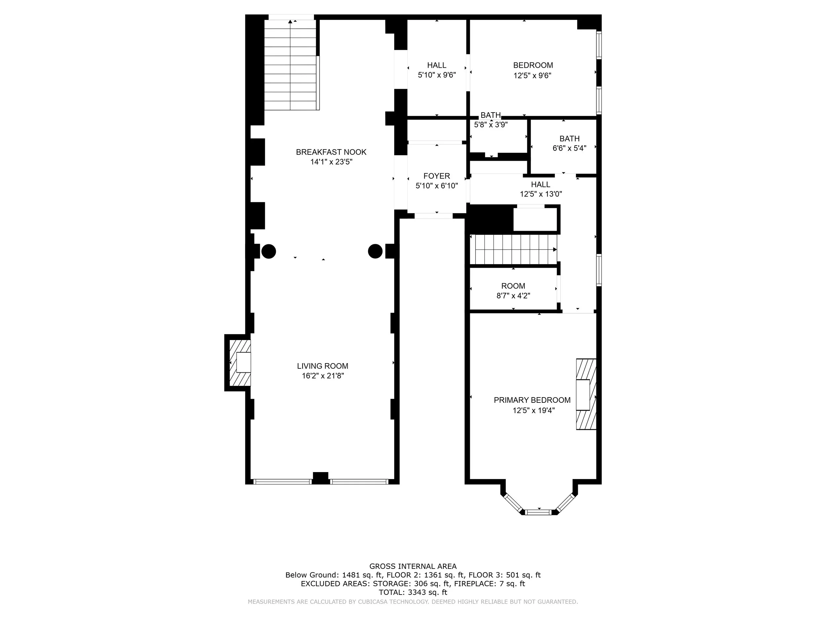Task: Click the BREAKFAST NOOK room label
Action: point(331,152)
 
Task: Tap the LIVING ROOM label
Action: point(322,366)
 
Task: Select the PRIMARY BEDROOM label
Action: point(532,400)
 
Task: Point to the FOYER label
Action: point(436,176)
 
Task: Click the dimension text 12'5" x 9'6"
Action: point(532,76)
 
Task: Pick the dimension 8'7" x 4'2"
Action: point(513,296)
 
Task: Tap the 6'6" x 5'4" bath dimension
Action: point(570,148)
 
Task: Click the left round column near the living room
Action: point(269,251)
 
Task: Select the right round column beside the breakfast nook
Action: point(375,251)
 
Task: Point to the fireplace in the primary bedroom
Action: point(586,394)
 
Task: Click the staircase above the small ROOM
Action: point(513,249)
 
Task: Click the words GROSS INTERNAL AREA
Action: point(413,567)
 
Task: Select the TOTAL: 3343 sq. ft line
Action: point(413,592)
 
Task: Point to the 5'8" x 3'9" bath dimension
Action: point(491,124)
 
